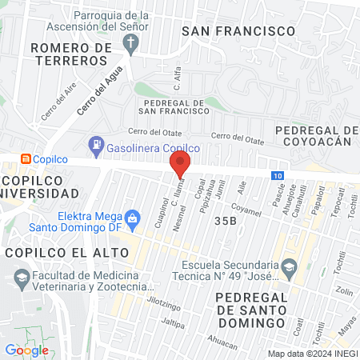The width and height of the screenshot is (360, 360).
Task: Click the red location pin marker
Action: pos(180,165)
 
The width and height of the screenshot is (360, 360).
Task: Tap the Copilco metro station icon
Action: pos(26,158)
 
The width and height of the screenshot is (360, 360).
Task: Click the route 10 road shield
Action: pos(276,175)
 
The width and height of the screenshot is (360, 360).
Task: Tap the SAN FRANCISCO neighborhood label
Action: pos(238,30)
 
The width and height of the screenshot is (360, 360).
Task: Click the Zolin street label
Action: pos(344,291)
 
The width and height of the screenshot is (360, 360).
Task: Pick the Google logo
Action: pos(26,350)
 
